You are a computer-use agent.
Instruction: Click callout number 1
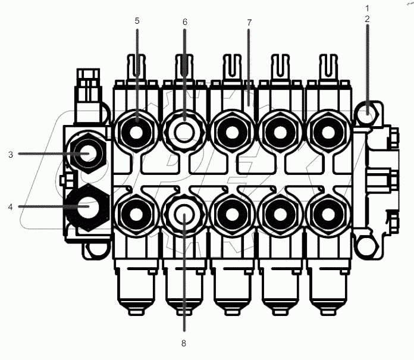tap(367, 8)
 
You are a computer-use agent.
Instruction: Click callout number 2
tap(367, 19)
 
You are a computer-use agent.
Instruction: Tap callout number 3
tap(11, 154)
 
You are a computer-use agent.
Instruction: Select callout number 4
tap(11, 207)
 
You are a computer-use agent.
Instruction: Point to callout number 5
tap(137, 21)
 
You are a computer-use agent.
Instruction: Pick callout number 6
tap(184, 22)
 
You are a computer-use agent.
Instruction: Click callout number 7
tap(249, 23)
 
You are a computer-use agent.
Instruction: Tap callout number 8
tap(184, 343)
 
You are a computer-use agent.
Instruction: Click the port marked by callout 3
tap(87, 154)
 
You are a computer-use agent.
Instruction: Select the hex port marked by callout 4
tap(87, 206)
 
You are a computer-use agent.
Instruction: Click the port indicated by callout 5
tap(137, 128)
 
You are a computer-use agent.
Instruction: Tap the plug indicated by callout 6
tap(184, 127)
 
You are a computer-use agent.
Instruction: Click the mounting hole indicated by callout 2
tap(369, 110)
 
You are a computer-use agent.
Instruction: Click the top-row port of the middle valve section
tap(232, 128)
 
